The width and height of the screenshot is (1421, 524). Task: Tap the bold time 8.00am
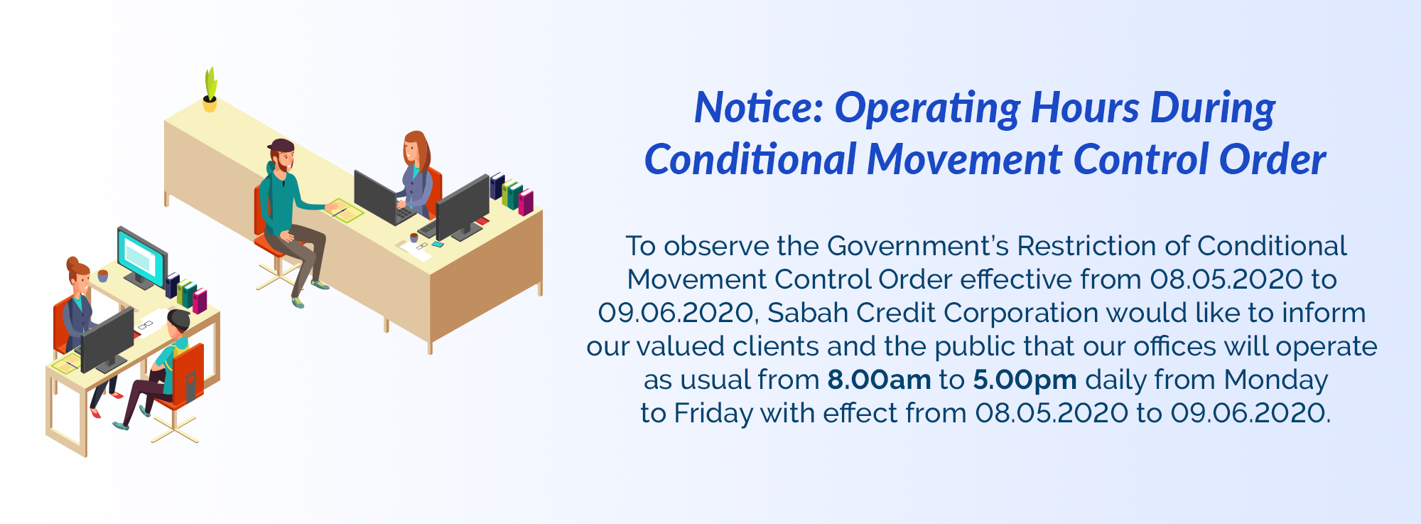coord(879,380)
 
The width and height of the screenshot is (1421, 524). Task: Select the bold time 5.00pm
coord(1025,380)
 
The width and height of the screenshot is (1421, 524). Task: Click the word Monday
coord(1276,380)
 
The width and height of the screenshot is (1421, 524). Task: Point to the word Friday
coord(713,413)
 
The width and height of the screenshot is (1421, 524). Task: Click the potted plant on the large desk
coord(210,90)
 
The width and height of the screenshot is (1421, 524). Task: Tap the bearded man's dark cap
coord(281,146)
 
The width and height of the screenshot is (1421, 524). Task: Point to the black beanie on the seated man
coord(179,319)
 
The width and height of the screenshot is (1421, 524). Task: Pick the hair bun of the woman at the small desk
coord(72,262)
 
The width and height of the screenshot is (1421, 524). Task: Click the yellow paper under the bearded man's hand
coord(343,211)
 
